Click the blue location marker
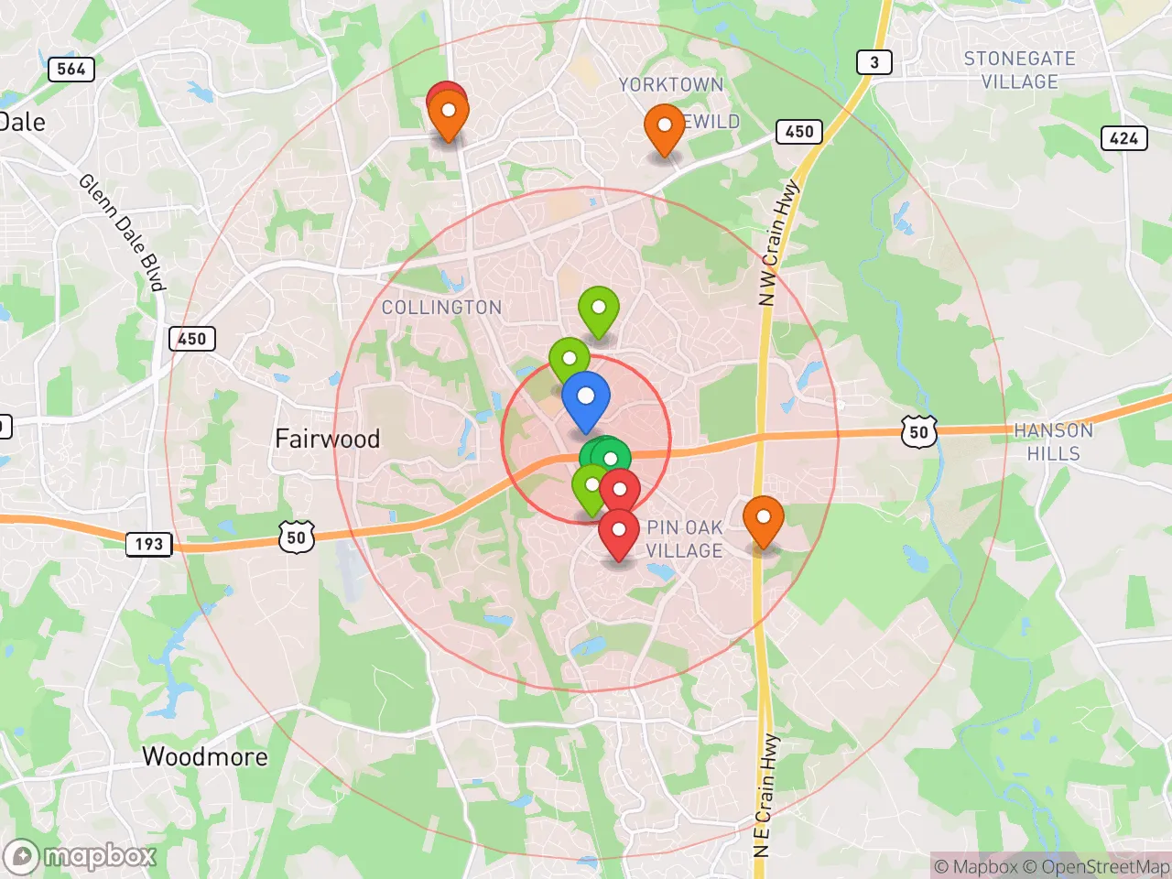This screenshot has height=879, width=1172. coord(586,400)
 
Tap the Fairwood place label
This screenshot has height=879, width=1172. coord(328,439)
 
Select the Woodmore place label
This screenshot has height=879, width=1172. coord(205,757)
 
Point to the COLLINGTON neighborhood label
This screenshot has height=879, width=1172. coord(441,308)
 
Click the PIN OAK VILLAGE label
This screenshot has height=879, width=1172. coord(685,539)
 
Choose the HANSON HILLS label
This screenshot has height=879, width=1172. coord(1053,441)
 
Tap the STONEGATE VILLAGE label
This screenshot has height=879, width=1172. coord(1019,70)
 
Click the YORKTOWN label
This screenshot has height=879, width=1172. coord(671,85)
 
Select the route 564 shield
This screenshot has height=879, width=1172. coord(71,69)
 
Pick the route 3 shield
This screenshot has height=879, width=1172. coord(874,62)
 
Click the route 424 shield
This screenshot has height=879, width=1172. coord(1123,138)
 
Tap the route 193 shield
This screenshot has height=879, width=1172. coord(149,545)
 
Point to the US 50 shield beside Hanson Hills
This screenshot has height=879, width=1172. coord(918,432)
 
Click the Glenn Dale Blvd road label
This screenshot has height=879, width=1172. coord(122,232)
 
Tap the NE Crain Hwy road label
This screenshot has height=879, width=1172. coord(765,795)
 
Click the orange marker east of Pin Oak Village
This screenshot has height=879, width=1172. coord(763,519)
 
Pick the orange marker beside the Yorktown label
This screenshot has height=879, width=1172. coord(665,128)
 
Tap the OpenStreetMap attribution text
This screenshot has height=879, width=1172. coord(1096,866)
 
